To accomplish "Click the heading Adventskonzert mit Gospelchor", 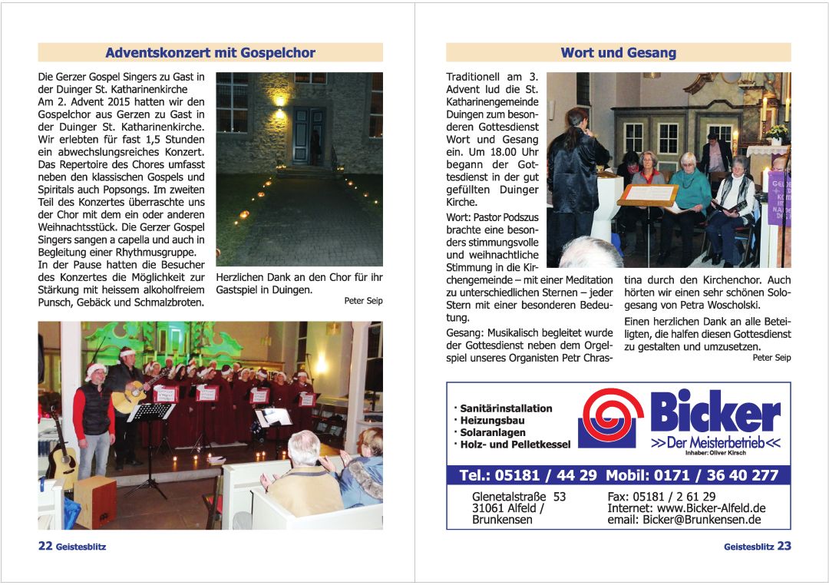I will (x=210, y=53).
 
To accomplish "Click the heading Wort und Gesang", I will (x=618, y=53).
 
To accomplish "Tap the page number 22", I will (x=45, y=546).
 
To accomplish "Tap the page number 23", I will (x=784, y=546).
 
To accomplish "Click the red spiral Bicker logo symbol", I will (x=611, y=418).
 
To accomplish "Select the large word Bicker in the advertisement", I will (x=715, y=412).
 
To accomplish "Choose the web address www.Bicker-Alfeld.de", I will (x=711, y=508).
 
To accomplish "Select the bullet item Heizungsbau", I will (x=492, y=421).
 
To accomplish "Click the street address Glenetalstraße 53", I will (x=519, y=497).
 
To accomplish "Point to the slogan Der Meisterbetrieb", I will (x=715, y=443).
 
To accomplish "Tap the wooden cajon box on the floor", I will (x=95, y=500).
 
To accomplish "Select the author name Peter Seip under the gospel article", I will (x=363, y=301).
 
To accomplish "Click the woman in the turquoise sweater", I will (x=689, y=192).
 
